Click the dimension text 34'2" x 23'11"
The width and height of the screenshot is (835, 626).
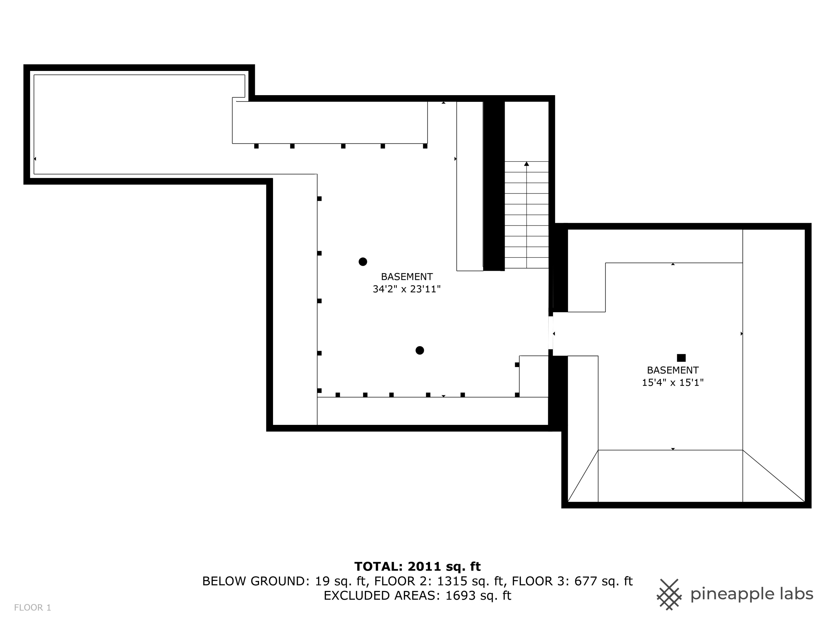click(x=407, y=289)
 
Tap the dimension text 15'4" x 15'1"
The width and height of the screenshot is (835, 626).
click(x=673, y=383)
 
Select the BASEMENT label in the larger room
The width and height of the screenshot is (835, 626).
click(x=407, y=277)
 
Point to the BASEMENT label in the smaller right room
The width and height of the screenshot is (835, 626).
click(x=673, y=370)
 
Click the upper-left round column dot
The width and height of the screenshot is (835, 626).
click(x=363, y=262)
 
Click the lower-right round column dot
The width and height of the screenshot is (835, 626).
click(x=419, y=351)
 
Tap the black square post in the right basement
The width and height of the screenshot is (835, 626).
click(x=681, y=358)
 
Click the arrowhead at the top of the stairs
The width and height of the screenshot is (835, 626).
click(x=526, y=164)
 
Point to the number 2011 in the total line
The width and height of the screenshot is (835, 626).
click(x=424, y=566)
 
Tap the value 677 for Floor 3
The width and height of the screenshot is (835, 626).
click(x=586, y=581)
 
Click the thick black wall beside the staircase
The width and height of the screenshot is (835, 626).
click(x=494, y=185)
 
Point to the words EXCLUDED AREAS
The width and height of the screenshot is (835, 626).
click(x=382, y=595)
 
